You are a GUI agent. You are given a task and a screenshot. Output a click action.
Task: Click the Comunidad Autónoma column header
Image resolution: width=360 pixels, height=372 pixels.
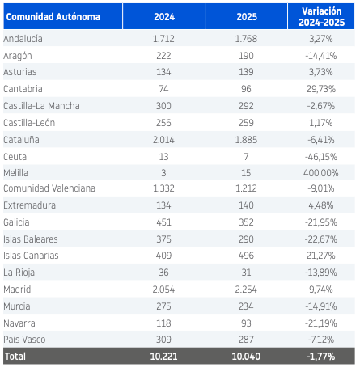tap(53, 17)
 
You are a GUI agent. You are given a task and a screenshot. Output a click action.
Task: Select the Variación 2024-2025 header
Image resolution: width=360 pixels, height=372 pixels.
tap(321, 17)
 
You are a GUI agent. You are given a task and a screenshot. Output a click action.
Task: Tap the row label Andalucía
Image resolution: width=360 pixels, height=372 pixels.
tap(23, 39)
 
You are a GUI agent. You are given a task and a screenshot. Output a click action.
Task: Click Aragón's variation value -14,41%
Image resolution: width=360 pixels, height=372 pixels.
tap(321, 56)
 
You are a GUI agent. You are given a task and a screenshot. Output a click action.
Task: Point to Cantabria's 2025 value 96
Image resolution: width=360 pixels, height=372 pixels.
tap(246, 89)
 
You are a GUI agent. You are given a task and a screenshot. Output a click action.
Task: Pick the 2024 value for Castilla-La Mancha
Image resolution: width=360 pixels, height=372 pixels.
tap(163, 106)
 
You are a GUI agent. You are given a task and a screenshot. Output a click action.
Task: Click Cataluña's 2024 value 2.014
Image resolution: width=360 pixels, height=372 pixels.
tap(163, 140)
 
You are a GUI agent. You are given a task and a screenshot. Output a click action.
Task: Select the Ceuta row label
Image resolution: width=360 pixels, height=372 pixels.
tap(15, 157)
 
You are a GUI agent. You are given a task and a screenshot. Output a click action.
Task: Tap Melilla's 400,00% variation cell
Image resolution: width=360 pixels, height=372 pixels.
tap(321, 173)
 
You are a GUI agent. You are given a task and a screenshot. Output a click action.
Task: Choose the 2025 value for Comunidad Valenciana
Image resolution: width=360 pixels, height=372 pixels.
tap(246, 188)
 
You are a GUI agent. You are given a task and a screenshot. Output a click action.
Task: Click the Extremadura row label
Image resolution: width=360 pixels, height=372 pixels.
tap(30, 205)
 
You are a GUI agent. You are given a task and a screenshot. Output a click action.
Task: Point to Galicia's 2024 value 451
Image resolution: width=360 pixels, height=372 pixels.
tap(163, 222)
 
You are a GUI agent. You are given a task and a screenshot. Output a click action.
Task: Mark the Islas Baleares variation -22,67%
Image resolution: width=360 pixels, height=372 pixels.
tap(321, 239)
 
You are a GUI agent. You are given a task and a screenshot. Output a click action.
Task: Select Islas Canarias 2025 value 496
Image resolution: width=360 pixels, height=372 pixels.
tap(246, 256)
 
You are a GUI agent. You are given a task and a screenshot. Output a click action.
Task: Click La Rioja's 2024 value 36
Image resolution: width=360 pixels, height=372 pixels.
tap(163, 273)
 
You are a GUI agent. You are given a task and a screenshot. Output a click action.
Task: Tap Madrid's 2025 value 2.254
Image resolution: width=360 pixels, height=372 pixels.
tap(246, 290)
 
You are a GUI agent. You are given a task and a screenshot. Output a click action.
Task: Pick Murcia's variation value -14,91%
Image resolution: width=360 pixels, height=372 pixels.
tap(321, 306)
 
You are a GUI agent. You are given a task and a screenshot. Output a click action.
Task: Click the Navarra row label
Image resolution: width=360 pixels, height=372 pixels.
tap(19, 323)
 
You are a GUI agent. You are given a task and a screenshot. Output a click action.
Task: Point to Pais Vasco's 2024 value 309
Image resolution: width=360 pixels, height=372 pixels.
tap(163, 340)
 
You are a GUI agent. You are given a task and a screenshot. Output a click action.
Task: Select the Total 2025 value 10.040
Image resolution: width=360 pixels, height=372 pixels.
tap(246, 357)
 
